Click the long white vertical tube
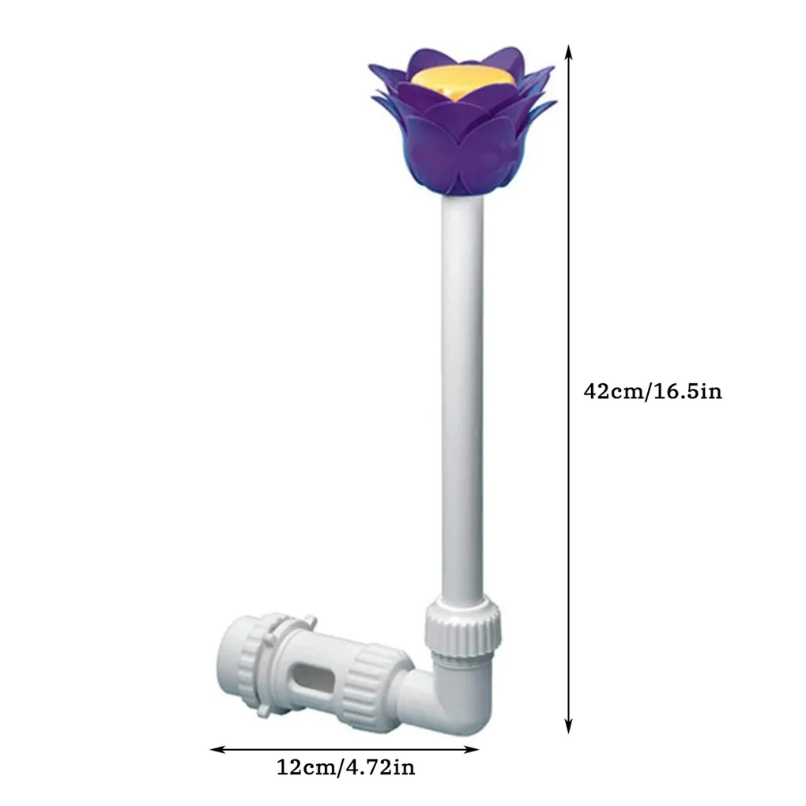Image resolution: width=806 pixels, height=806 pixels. [462, 395]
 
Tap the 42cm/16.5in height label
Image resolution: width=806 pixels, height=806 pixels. [652, 391]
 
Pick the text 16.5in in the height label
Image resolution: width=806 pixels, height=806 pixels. [687, 391]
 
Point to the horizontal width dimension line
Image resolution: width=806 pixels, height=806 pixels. [345, 748]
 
